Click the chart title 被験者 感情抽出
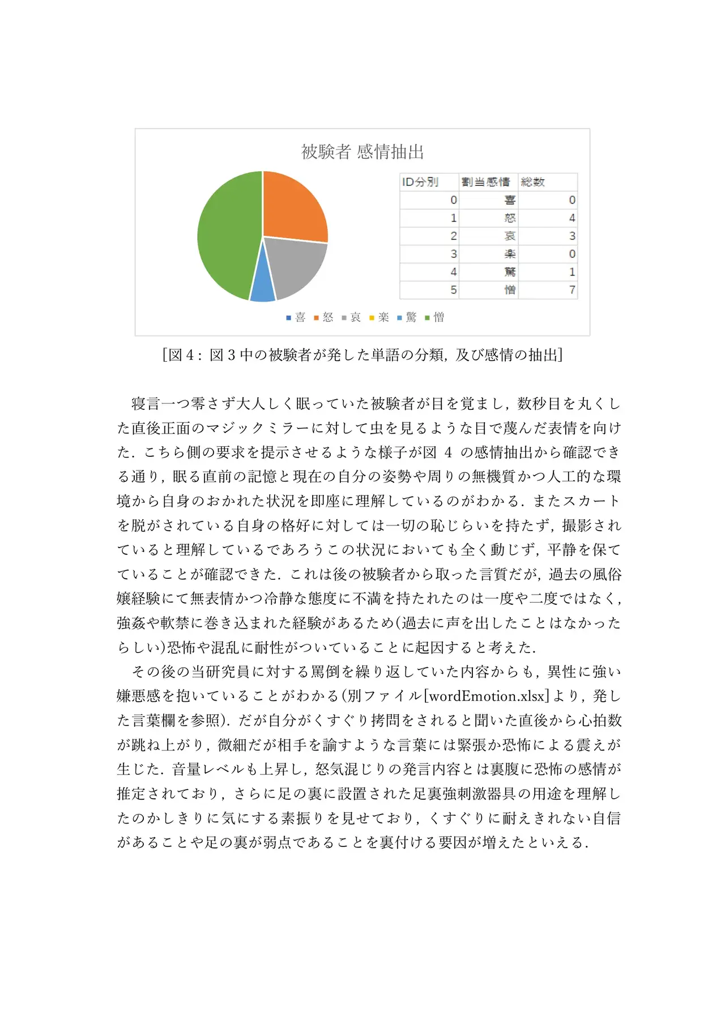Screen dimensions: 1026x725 [362, 152]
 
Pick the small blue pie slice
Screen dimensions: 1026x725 [262, 288]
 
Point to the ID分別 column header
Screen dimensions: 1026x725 [420, 182]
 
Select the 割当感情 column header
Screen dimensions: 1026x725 [485, 182]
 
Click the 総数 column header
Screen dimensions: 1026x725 [533, 182]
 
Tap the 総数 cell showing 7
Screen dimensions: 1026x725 [572, 290]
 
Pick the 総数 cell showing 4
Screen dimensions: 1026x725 [572, 218]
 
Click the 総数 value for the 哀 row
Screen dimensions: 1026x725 [572, 236]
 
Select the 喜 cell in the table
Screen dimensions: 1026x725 [510, 200]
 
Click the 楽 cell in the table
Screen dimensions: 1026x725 [510, 254]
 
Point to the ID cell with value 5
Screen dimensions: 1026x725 [453, 290]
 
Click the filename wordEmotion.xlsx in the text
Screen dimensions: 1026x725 [487, 696]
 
